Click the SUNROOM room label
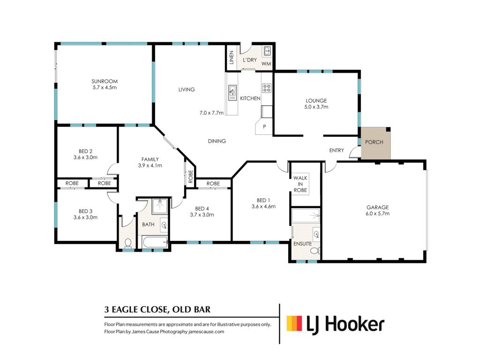click(x=105, y=82)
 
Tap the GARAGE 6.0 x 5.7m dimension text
click(x=377, y=214)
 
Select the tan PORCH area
click(x=375, y=143)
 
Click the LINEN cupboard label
click(x=232, y=58)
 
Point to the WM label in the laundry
click(x=266, y=64)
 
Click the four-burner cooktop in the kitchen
click(x=267, y=88)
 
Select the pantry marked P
click(x=264, y=127)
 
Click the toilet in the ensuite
click(x=315, y=251)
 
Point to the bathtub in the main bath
click(x=155, y=243)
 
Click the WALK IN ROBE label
click(x=300, y=184)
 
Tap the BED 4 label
click(x=202, y=209)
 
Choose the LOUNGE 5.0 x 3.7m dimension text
click(x=316, y=107)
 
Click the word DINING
click(x=217, y=141)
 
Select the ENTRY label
click(x=337, y=150)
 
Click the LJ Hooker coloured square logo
click(x=294, y=323)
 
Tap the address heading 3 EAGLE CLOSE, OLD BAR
click(x=157, y=309)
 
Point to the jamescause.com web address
click(x=206, y=331)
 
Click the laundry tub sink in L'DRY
click(x=267, y=51)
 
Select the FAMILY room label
click(x=150, y=159)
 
